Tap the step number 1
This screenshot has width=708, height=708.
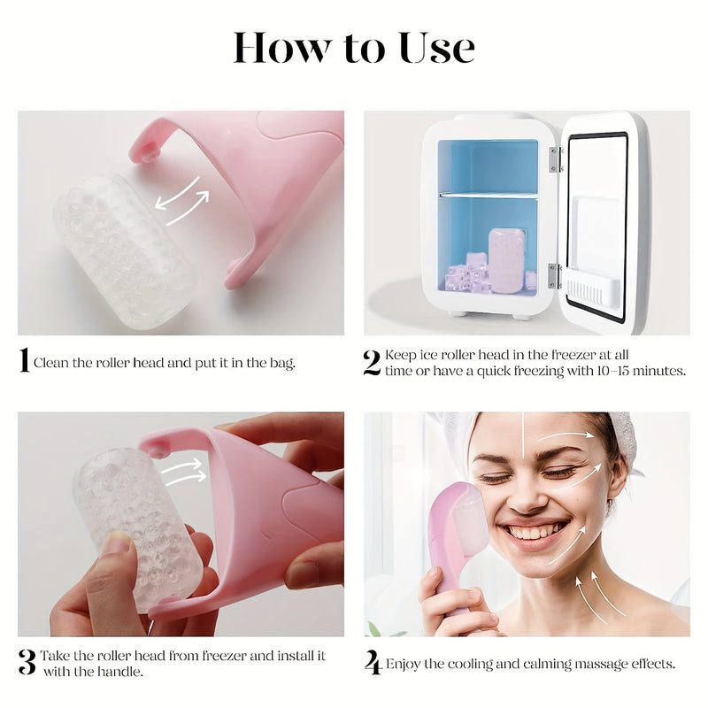pos(24,360)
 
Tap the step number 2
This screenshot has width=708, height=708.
pos(372,362)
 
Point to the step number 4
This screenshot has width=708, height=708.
pos(373,662)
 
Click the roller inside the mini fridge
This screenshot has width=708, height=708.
pos(507,261)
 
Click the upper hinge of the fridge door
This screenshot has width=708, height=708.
pos(555,159)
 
